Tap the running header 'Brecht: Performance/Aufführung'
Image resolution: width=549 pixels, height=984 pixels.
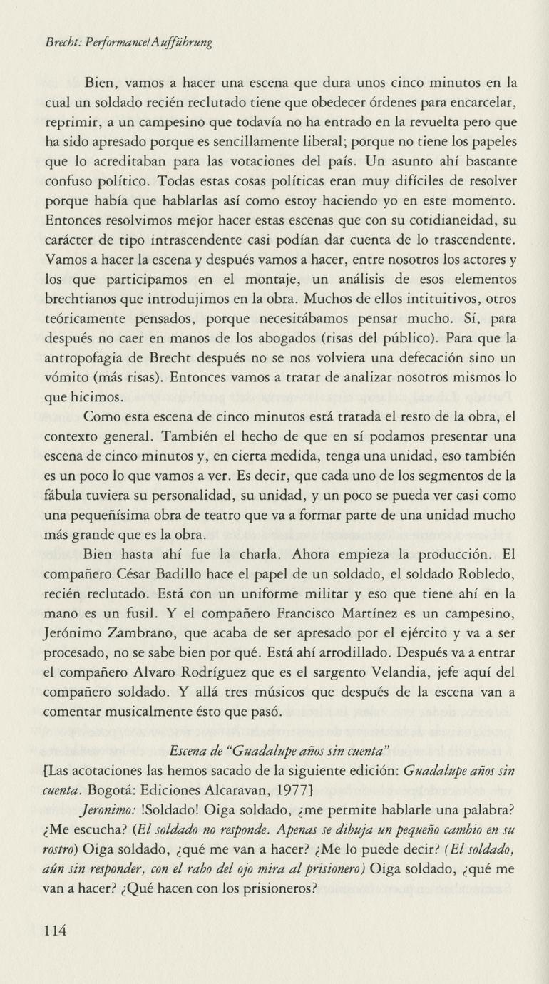point(128,42)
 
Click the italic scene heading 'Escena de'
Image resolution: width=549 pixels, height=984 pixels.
point(195,751)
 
